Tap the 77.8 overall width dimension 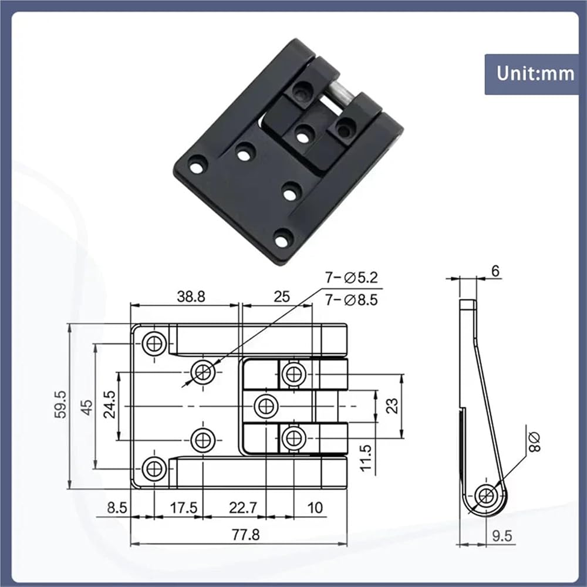click(245, 535)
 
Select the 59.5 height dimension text click(60, 404)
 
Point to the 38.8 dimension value click(191, 296)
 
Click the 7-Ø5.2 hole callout click(351, 278)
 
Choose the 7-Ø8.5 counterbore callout click(351, 299)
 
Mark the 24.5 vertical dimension click(110, 404)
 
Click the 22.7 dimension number click(243, 508)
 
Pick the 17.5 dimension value click(183, 508)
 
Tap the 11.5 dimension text click(366, 457)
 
